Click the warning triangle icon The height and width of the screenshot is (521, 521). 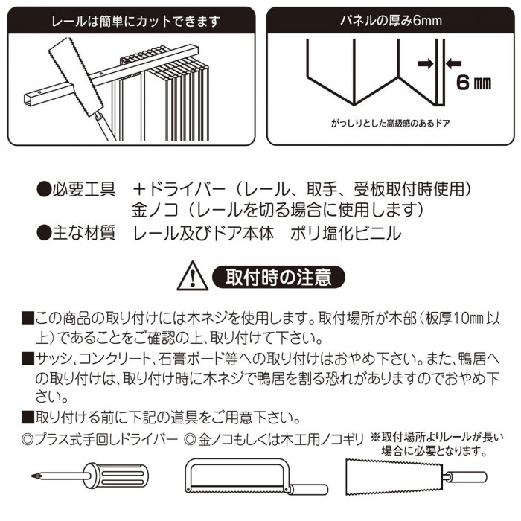193,276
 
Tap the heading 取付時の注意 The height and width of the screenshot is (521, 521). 278,277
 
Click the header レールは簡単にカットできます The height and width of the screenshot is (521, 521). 136,22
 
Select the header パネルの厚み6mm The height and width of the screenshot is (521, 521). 391,21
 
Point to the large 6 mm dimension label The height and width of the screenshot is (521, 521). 473,83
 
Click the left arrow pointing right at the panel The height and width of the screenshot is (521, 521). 426,63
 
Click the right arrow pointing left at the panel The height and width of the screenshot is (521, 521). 453,63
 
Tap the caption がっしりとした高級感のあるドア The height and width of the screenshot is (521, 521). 391,124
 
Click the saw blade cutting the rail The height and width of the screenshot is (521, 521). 76,77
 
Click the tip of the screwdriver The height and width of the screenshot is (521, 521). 33,476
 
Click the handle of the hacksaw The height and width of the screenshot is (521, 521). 309,489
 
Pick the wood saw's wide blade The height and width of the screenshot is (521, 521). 394,477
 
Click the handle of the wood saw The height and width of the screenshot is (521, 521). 466,477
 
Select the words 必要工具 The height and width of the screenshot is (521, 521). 83,190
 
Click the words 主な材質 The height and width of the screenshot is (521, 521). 83,232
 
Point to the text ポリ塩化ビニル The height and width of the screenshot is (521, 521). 346,233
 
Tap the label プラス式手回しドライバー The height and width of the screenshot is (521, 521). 106,440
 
